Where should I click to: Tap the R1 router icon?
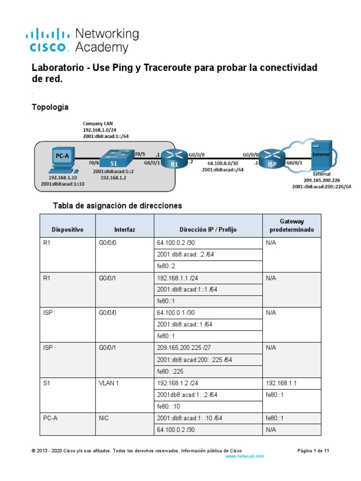point(174,159)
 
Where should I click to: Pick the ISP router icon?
point(272,158)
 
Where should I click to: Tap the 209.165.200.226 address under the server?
point(322,180)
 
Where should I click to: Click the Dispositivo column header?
point(68,230)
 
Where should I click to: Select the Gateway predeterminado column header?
point(292,225)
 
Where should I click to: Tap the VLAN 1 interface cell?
point(109,383)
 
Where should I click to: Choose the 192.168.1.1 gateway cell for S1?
point(281,383)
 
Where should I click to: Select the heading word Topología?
point(50,107)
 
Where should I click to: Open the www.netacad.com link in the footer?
point(244,456)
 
